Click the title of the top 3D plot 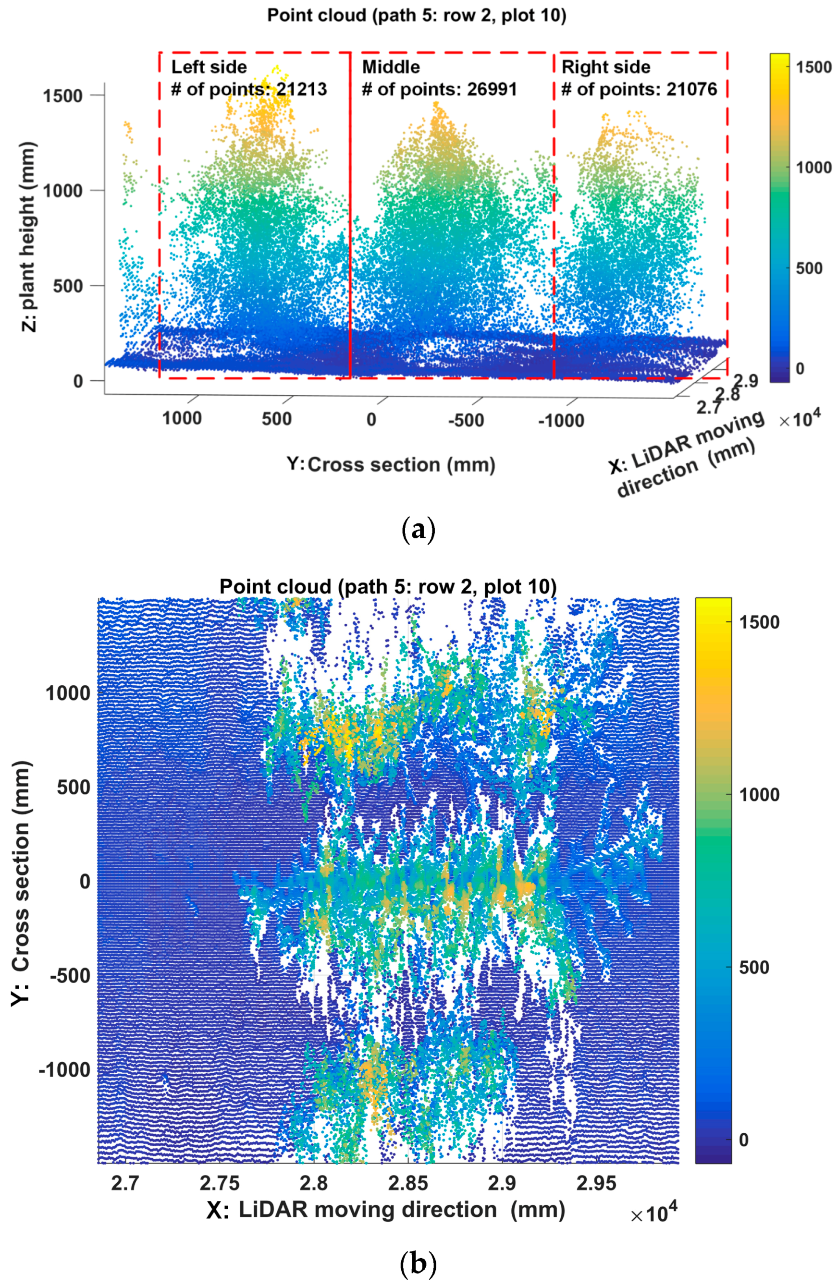(416, 15)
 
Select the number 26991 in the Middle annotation (492, 89)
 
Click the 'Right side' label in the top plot (605, 67)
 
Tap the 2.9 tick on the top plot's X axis (747, 380)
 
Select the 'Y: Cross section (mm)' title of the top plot (391, 465)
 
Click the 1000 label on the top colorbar (813, 168)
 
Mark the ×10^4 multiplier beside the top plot (800, 418)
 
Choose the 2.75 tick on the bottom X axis (219, 1184)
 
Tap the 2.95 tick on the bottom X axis (596, 1184)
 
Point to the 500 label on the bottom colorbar (754, 967)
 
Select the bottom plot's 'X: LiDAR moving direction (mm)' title (385, 1210)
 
